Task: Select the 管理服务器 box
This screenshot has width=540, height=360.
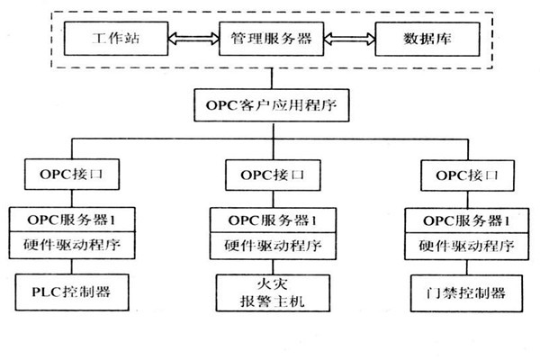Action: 270,40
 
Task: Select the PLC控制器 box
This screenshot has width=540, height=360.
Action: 72,292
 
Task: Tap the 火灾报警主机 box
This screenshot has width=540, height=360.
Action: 270,292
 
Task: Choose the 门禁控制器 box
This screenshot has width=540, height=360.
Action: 463,292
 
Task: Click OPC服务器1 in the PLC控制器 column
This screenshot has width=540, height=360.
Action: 72,219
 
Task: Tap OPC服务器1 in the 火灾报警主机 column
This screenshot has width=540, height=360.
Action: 270,219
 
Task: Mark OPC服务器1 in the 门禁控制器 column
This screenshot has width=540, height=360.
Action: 463,219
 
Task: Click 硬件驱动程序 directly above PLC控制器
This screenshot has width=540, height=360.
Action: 72,243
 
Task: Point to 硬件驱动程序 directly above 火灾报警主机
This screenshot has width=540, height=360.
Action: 270,243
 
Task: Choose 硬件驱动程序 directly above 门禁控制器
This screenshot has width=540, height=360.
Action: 463,243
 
